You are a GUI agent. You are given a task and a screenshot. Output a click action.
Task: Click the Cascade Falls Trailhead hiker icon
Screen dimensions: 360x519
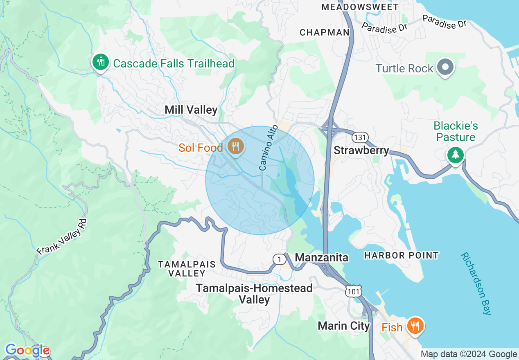pos(100,63)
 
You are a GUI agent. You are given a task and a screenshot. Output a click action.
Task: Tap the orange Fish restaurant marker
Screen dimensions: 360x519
pos(415,326)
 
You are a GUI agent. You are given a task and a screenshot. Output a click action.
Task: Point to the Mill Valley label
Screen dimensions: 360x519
pos(191,110)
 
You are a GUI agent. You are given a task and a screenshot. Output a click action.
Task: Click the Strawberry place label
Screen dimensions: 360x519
pos(361,151)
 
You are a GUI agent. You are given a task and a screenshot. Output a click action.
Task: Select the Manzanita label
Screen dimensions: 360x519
pos(322,257)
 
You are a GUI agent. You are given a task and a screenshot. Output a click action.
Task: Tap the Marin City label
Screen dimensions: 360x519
pos(344,326)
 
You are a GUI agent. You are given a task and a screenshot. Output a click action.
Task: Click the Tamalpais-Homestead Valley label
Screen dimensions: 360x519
pos(254,294)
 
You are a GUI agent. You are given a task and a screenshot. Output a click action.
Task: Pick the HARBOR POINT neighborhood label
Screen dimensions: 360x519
pos(402,255)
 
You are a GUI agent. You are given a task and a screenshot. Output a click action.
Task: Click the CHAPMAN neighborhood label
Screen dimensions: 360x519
pos(325,32)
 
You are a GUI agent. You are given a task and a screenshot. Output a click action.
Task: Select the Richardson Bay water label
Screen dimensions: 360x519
pos(476,283)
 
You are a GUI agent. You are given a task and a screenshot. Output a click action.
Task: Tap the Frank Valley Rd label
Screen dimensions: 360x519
pos(62,237)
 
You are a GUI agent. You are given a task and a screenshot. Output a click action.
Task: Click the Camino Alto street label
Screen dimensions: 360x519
pos(269,148)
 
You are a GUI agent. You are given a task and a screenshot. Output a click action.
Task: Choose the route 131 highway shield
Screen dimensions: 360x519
pos(362,137)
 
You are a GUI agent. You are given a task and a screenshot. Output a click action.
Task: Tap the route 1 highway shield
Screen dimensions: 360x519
pos(279,259)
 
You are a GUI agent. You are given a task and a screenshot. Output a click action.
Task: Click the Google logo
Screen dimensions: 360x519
pos(27,351)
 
